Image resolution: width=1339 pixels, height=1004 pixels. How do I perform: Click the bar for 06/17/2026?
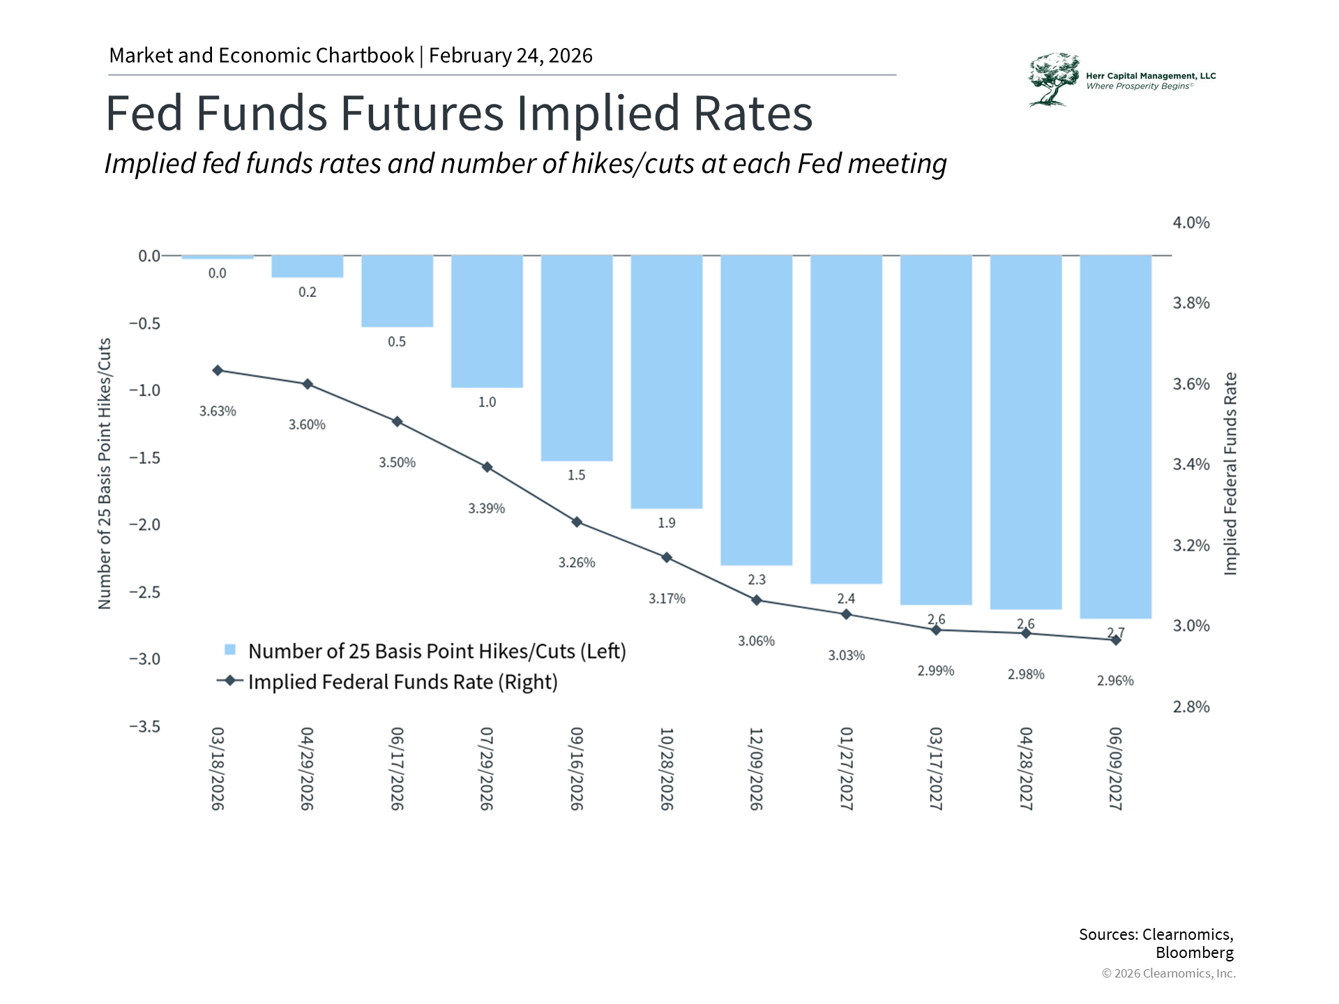pyautogui.click(x=397, y=291)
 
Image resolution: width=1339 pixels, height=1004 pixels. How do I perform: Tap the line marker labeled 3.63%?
pyautogui.click(x=218, y=370)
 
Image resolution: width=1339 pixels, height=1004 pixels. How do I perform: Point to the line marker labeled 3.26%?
pyautogui.click(x=577, y=522)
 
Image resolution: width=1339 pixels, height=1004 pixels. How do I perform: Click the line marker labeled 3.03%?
pyautogui.click(x=846, y=614)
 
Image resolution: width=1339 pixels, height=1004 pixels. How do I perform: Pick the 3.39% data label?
pyautogui.click(x=486, y=509)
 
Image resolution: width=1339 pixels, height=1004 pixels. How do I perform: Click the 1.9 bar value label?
pyautogui.click(x=666, y=523)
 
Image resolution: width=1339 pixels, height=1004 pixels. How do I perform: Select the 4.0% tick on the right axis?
pyautogui.click(x=1190, y=223)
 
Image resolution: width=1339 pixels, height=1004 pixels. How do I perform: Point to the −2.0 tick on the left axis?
pyautogui.click(x=144, y=525)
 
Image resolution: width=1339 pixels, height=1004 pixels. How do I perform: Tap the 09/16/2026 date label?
pyautogui.click(x=577, y=768)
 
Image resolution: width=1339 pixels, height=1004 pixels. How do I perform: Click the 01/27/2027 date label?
pyautogui.click(x=846, y=768)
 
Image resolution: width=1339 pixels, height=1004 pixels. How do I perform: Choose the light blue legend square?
pyautogui.click(x=230, y=650)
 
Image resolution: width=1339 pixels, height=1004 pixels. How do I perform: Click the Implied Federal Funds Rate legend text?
pyautogui.click(x=402, y=682)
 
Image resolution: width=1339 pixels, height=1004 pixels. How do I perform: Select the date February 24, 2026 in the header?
pyautogui.click(x=510, y=56)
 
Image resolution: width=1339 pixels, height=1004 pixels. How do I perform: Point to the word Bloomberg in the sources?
pyautogui.click(x=1194, y=952)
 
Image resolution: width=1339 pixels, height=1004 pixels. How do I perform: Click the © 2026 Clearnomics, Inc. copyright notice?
pyautogui.click(x=1168, y=973)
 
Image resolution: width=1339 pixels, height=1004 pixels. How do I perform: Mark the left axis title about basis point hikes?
pyautogui.click(x=105, y=474)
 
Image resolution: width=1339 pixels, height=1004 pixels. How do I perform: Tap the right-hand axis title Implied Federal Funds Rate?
pyautogui.click(x=1231, y=474)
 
